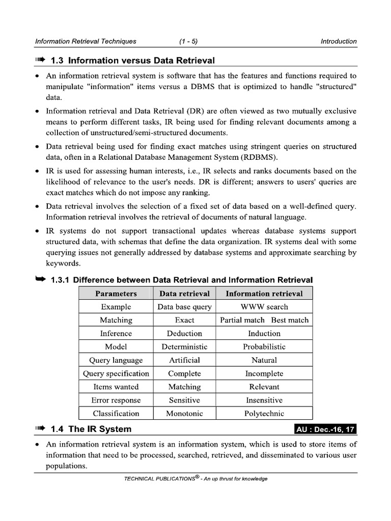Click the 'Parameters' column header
click(x=116, y=294)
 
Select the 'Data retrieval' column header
click(x=184, y=294)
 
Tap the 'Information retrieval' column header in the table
click(x=264, y=294)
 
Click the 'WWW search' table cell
click(x=264, y=307)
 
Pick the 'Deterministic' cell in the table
click(x=184, y=347)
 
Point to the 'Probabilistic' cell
click(x=264, y=347)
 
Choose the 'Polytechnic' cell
click(x=264, y=413)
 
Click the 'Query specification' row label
click(x=116, y=373)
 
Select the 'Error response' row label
click(x=116, y=400)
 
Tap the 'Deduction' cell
click(x=184, y=334)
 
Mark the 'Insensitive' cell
click(x=264, y=400)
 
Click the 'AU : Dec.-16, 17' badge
click(x=325, y=429)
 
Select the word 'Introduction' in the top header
click(x=339, y=41)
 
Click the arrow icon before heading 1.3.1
click(x=40, y=279)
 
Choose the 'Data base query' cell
click(x=184, y=307)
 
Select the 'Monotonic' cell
click(x=184, y=413)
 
